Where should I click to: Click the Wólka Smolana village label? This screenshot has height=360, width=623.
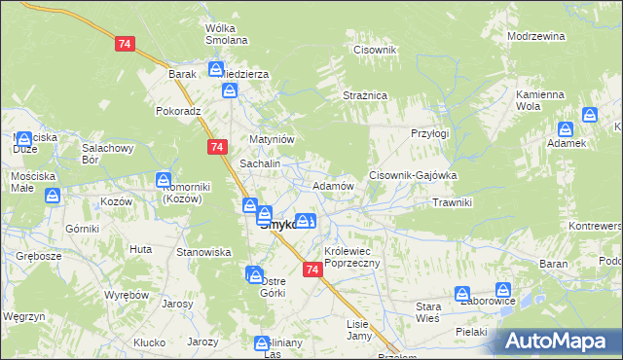click(226, 34)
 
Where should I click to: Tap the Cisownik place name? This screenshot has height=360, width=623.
click(376, 50)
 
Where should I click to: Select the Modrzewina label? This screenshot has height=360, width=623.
click(536, 36)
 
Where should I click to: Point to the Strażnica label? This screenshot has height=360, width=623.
click(365, 96)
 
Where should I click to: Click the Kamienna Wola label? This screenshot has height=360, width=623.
click(540, 100)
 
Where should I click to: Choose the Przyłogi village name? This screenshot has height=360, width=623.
click(429, 132)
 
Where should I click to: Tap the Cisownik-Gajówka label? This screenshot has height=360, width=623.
click(413, 175)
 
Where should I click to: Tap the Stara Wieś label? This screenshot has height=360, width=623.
click(421, 312)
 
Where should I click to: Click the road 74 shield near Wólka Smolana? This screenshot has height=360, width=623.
click(124, 45)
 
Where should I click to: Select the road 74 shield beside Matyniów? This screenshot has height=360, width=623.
click(217, 146)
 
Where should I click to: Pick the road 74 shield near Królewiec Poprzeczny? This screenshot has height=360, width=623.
click(311, 269)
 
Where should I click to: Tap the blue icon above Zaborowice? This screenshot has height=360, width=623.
click(503, 289)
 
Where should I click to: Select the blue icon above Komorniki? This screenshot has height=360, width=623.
click(164, 180)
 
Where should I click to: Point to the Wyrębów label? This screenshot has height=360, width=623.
click(125, 294)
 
